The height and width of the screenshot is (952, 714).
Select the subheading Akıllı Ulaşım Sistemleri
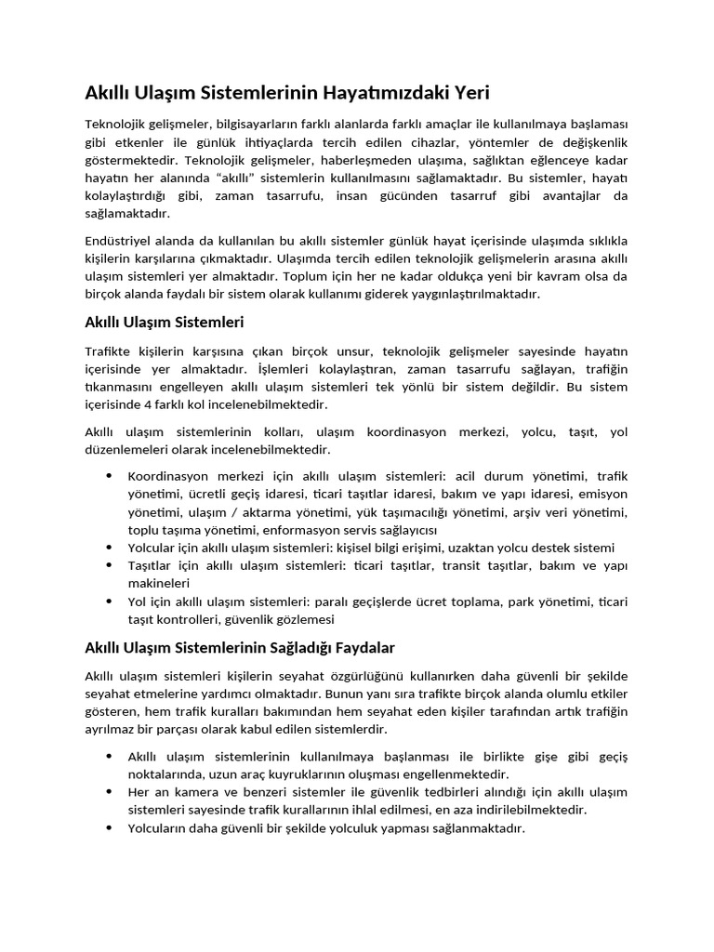[x=164, y=323]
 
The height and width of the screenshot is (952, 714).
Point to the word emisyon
[x=605, y=494]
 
